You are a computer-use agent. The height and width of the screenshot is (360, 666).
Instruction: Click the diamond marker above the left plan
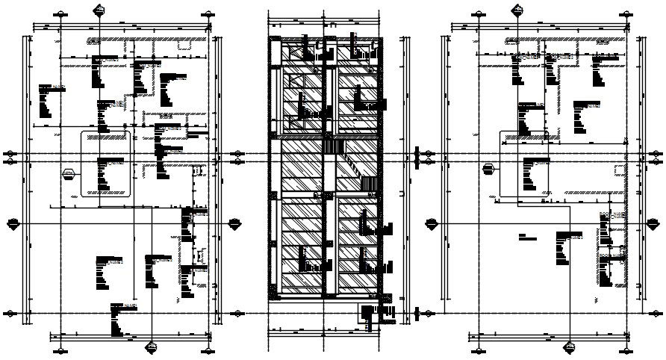[99, 9]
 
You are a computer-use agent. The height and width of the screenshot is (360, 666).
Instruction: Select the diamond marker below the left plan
[152, 346]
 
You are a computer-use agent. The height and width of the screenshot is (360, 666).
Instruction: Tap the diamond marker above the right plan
[517, 9]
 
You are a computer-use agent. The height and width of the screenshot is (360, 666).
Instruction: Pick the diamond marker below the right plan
[570, 346]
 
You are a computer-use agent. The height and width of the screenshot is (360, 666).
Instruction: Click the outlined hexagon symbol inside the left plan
[69, 173]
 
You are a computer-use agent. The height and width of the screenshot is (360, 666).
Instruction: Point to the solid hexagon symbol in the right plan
[489, 167]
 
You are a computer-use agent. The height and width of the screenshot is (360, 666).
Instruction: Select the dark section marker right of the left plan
[236, 223]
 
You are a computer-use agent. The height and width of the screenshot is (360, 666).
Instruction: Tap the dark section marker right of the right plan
[654, 223]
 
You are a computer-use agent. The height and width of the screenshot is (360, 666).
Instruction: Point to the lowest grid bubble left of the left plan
[10, 313]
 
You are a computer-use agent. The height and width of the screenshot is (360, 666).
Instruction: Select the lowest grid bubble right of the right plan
[656, 313]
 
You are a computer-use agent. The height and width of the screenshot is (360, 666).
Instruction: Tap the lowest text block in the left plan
[119, 317]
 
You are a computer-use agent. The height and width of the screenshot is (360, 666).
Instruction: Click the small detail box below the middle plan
[370, 317]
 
